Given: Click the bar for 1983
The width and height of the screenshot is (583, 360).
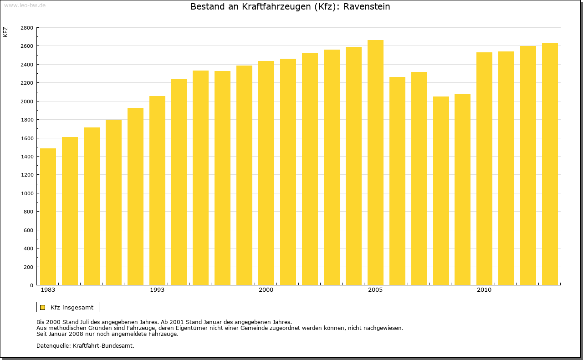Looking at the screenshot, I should click(48, 217).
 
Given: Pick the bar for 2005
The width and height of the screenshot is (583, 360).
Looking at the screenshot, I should click(375, 162).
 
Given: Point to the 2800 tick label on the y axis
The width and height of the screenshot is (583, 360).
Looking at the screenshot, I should click(27, 28).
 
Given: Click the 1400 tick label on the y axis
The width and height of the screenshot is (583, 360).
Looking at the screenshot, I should click(27, 157).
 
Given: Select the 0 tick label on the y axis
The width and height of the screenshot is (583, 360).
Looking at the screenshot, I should click(31, 285).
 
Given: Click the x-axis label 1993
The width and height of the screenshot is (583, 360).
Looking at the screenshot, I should click(157, 290).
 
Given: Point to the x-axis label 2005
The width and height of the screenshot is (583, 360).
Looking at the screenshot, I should click(375, 290).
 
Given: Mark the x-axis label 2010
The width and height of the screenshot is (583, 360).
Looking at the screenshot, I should click(484, 290).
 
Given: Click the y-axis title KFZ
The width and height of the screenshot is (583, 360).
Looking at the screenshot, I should click(5, 32).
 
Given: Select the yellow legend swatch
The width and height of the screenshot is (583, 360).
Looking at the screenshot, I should click(42, 307).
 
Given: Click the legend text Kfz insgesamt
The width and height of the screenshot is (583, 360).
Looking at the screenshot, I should click(72, 307).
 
